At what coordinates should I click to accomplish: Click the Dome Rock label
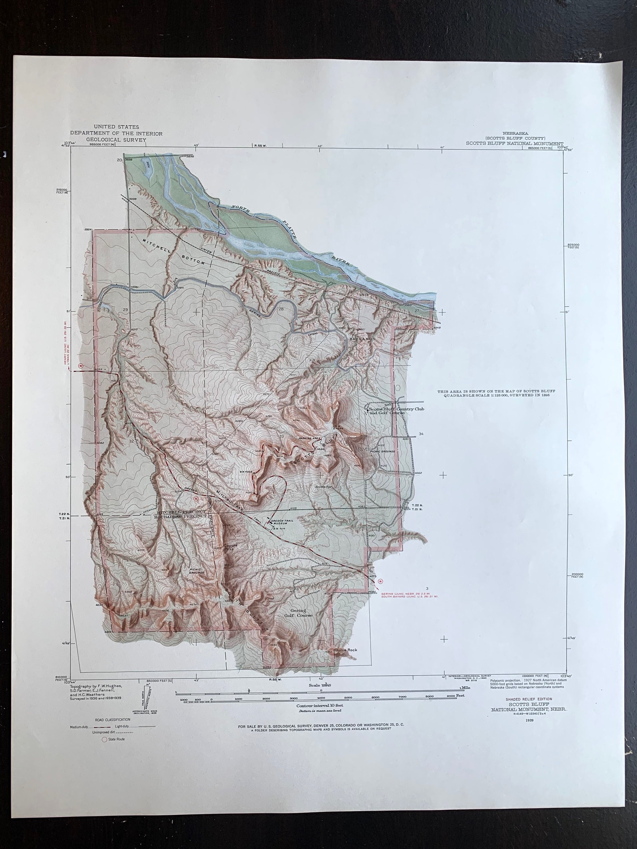coord(346,650)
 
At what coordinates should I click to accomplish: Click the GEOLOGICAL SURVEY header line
coord(116,140)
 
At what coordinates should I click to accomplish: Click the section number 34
coord(421,434)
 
